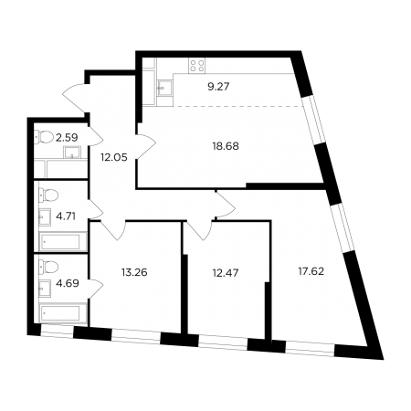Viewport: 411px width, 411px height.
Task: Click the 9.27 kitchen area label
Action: pos(218,87)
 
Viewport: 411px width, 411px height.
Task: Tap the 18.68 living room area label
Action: pos(226,146)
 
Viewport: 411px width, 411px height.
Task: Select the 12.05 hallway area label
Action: pos(114,157)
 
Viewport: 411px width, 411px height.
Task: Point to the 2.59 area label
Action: pos(67,137)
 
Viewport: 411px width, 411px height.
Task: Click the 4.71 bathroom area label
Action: pos(66,216)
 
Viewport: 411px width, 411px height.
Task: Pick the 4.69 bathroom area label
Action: pos(68,283)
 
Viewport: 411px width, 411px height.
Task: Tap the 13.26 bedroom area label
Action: pos(134,272)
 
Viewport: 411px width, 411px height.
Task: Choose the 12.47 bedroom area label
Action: pos(226,273)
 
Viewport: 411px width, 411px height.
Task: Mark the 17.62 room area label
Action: pos(311,271)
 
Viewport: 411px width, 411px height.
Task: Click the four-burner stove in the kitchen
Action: pos(196,66)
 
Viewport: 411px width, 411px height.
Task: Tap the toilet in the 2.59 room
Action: pos(45,137)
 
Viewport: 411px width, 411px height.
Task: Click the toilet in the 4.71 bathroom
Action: pos(48,195)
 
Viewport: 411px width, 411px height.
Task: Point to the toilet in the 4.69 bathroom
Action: pos(48,268)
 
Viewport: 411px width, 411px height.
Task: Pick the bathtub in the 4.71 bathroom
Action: pos(63,242)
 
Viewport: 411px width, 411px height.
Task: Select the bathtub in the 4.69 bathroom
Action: pos(63,313)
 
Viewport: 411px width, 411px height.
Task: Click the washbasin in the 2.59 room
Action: pos(72,153)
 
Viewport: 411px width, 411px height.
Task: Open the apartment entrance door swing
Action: pos(74,98)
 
